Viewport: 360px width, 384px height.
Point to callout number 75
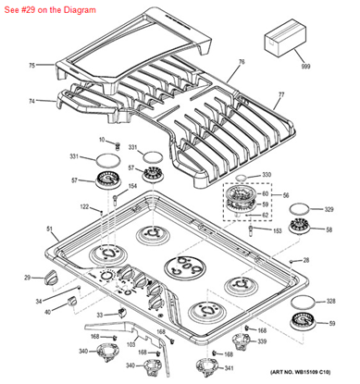(31, 66)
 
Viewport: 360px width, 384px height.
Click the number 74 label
(31, 101)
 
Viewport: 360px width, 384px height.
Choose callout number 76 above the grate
(242, 62)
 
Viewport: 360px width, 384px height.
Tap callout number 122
(84, 206)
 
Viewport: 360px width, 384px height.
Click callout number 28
(306, 260)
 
